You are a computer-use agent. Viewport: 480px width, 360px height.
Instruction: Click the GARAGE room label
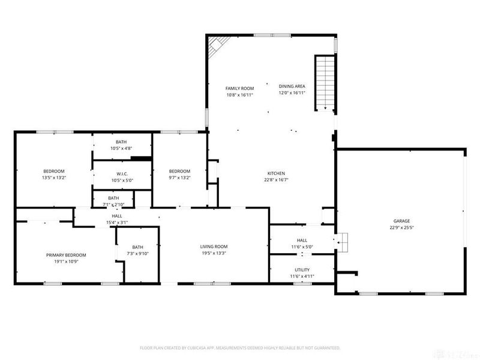click(x=401, y=221)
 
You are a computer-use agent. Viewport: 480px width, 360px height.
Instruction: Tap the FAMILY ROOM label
click(x=239, y=88)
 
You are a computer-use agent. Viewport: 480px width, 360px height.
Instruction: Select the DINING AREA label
click(x=292, y=86)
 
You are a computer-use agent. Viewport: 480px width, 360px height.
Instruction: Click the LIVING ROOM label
click(x=214, y=247)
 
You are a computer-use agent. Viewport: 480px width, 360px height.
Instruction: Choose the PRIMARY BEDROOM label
click(x=66, y=255)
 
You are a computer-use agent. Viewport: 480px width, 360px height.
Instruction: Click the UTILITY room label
click(x=302, y=270)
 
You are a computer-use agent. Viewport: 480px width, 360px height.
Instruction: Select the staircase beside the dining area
click(x=324, y=83)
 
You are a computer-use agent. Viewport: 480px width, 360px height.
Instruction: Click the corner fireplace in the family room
click(x=215, y=46)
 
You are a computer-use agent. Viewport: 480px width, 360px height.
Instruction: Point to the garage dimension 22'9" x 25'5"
click(x=401, y=227)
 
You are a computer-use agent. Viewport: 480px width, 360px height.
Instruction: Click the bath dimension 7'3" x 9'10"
click(x=137, y=253)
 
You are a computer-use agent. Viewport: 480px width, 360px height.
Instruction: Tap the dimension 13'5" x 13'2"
click(x=53, y=178)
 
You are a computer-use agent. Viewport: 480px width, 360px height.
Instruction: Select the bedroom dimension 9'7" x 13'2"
click(x=179, y=178)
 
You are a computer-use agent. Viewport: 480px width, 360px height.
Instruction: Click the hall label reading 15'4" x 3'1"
click(x=117, y=223)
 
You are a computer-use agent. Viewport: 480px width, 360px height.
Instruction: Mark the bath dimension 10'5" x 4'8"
click(x=121, y=148)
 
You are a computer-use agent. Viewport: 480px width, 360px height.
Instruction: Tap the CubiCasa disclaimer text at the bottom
click(x=240, y=347)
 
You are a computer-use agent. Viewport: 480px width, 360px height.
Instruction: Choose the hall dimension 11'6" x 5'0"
click(x=302, y=247)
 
